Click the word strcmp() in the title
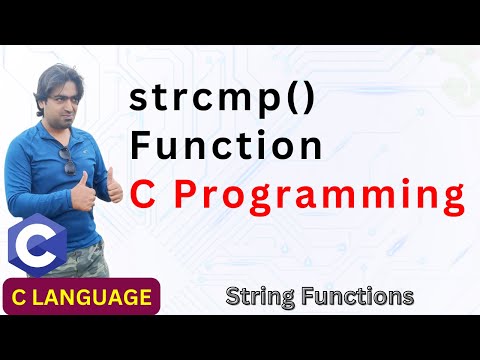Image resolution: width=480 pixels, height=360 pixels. [x=220, y=100]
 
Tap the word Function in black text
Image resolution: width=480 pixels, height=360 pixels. [x=226, y=146]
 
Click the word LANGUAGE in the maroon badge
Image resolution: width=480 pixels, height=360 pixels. [x=99, y=297]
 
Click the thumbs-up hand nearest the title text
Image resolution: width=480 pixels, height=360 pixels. [x=114, y=187]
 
